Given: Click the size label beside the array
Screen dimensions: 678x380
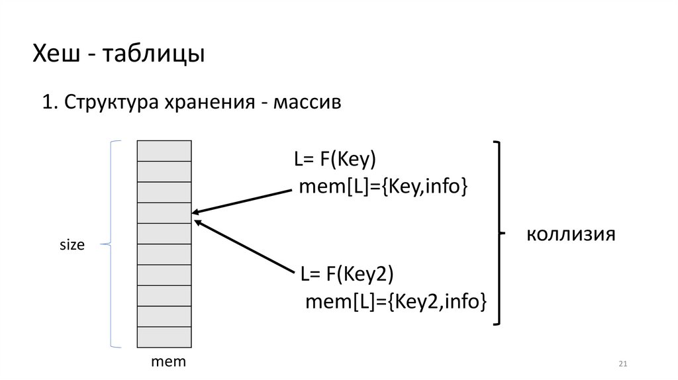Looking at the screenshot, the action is click(x=73, y=245).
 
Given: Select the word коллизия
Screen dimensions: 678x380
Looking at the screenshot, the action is click(x=571, y=234).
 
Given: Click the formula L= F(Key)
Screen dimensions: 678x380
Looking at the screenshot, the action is click(x=335, y=161).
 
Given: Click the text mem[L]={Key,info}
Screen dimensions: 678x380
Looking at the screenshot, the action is click(x=383, y=187).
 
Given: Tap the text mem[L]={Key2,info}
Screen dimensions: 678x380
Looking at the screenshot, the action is click(x=396, y=303).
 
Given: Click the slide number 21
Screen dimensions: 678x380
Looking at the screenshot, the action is click(x=622, y=364).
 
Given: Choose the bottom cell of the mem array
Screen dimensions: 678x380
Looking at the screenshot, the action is click(x=164, y=336).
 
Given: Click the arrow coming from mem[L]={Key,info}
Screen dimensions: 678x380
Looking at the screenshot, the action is click(x=242, y=201).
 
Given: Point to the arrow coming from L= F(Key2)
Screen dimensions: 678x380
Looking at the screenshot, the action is click(x=245, y=246).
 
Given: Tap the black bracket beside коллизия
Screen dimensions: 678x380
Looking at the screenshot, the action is click(x=498, y=233).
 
